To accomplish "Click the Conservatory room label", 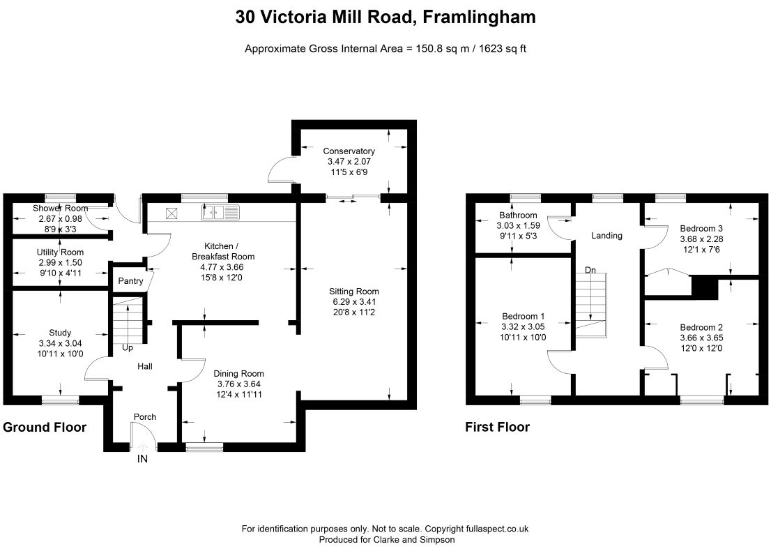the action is point(349,151).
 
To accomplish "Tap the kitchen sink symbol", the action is point(220,213).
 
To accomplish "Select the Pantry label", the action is point(130,281).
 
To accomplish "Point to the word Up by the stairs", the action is point(128,348).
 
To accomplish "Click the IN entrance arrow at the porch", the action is point(142,447).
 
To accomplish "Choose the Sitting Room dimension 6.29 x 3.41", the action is point(353,301).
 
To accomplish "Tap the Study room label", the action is point(60,333).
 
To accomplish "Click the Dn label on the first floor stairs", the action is point(590,270).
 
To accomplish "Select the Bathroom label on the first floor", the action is point(518,215).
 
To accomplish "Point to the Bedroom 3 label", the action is point(701,228).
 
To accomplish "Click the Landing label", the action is point(606,236).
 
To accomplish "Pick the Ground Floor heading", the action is point(45,427).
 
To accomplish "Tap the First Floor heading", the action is point(497,427).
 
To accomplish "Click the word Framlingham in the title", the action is point(479,17).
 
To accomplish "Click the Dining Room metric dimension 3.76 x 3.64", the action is point(239,384).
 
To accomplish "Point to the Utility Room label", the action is point(60,252).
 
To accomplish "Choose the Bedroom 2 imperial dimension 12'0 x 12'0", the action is point(701,348).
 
